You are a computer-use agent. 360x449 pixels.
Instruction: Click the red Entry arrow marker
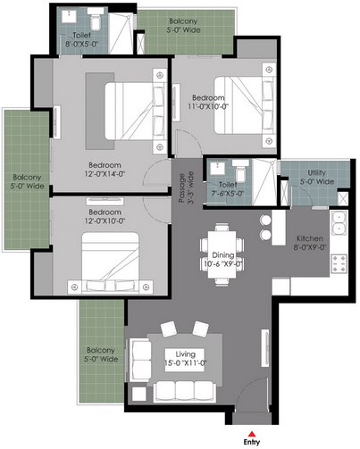pyautogui.click(x=252, y=434)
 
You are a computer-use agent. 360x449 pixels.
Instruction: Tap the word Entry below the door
pyautogui.click(x=252, y=442)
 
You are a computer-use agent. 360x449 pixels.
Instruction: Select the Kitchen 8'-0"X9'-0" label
pyautogui.click(x=310, y=243)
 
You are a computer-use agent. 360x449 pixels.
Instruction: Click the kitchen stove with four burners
pyautogui.click(x=339, y=263)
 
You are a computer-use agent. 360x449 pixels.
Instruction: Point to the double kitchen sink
pyautogui.click(x=339, y=223)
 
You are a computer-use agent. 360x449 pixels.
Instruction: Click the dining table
pyautogui.click(x=222, y=254)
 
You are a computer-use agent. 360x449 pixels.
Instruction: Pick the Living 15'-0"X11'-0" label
pyautogui.click(x=185, y=359)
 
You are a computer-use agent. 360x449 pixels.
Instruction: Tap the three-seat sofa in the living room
pyautogui.click(x=185, y=392)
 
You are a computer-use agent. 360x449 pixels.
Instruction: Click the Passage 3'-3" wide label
pyautogui.click(x=186, y=187)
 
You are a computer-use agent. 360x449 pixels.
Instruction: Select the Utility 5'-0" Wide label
pyautogui.click(x=316, y=177)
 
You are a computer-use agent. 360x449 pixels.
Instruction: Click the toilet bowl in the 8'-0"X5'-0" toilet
pyautogui.click(x=96, y=20)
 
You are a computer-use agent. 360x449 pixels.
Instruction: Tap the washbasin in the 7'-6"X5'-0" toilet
pyautogui.click(x=217, y=168)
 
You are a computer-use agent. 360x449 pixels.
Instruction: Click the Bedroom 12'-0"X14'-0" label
pyautogui.click(x=105, y=170)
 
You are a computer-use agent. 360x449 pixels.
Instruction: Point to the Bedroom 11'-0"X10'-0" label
pyautogui.click(x=208, y=102)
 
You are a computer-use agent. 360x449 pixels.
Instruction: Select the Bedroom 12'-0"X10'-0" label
pyautogui.click(x=105, y=216)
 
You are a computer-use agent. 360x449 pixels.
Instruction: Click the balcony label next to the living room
pyautogui.click(x=101, y=354)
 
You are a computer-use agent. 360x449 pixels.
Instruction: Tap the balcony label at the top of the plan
pyautogui.click(x=183, y=25)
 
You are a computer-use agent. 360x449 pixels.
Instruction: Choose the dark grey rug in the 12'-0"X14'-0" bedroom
pyautogui.click(x=100, y=111)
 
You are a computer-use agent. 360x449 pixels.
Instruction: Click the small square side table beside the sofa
pyautogui.click(x=139, y=394)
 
